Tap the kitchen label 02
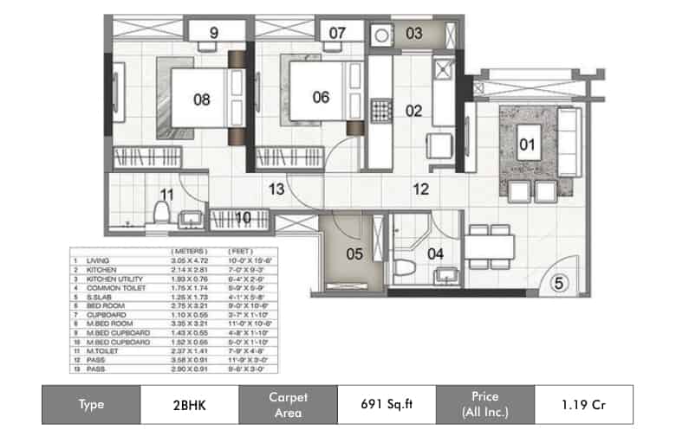pos(413,111)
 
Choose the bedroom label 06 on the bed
pos(321,98)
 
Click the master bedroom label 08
pos(201,99)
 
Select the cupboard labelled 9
pos(213,34)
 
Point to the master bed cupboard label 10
pos(244,217)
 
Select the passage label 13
pos(276,189)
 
